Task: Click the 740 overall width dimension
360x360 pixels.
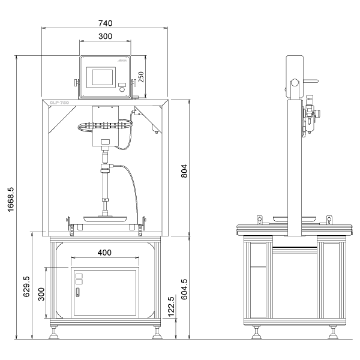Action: (105, 23)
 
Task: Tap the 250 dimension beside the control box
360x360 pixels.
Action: (142, 76)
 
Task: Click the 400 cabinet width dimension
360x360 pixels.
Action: (104, 253)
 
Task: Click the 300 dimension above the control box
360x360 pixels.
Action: (105, 37)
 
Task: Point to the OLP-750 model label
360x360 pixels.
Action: (60, 103)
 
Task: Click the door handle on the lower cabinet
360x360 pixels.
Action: (77, 293)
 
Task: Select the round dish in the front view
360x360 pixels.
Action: (106, 218)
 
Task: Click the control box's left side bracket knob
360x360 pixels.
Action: (76, 83)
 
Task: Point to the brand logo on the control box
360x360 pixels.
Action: (122, 62)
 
